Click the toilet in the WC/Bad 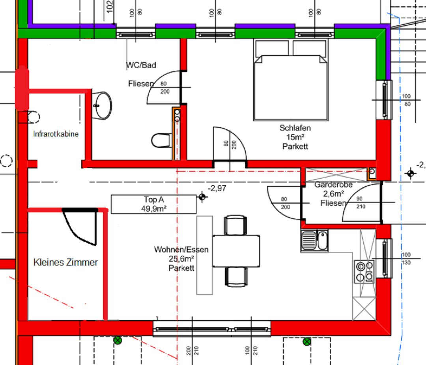[x=161, y=140]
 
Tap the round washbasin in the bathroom [x=102, y=105]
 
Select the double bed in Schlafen [x=291, y=80]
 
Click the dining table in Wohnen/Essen [x=236, y=251]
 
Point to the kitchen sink [x=314, y=241]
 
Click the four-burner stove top [x=364, y=271]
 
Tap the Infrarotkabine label [x=56, y=134]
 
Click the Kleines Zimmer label [x=65, y=262]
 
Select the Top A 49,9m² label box [x=153, y=204]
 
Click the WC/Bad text [x=141, y=65]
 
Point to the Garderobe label [x=333, y=185]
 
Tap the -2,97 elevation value [x=217, y=188]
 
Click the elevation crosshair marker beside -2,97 [x=202, y=197]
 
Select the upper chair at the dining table [x=235, y=225]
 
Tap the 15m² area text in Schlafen [x=295, y=137]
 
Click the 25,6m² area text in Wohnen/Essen [x=181, y=259]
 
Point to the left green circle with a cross [x=118, y=340]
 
